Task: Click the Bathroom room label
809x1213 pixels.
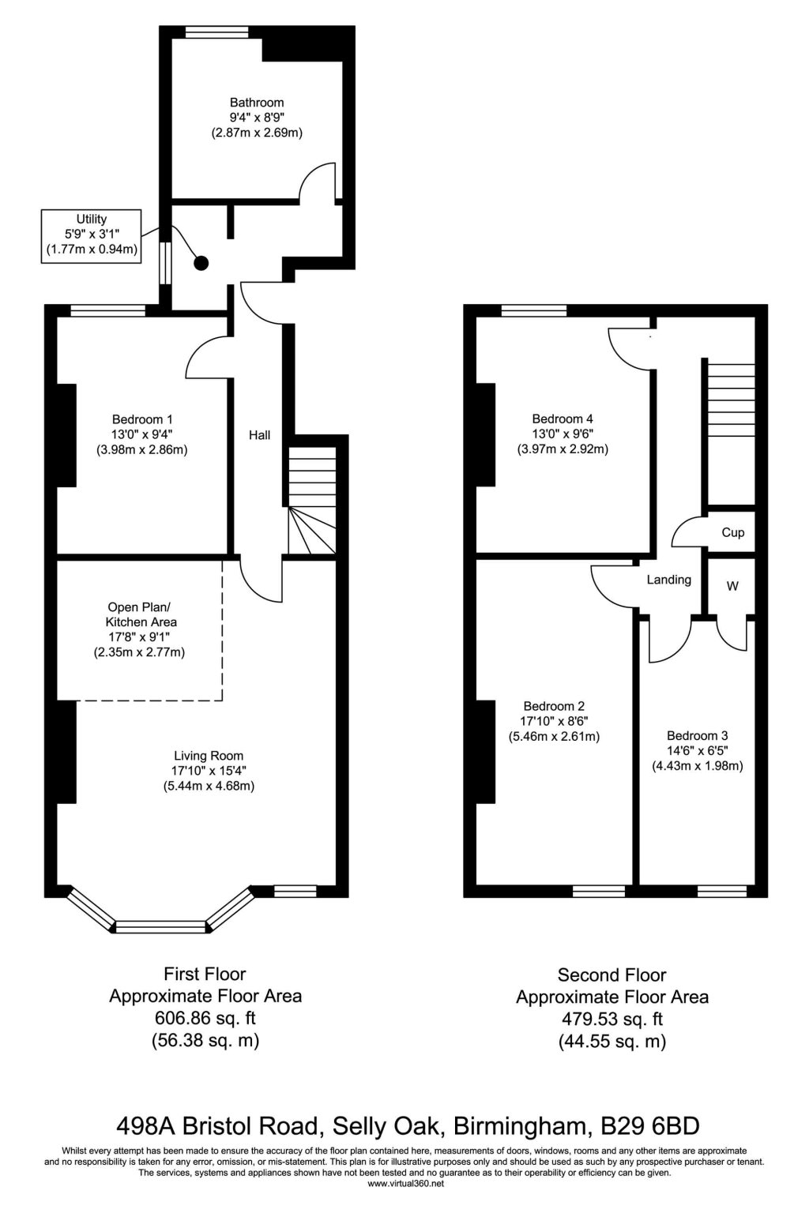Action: pos(257,103)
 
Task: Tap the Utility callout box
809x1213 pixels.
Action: pos(92,235)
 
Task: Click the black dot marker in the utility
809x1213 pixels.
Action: pos(201,263)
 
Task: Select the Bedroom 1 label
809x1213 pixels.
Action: pos(142,419)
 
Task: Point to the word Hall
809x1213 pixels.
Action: pos(260,435)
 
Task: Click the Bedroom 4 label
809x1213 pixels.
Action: pos(563,419)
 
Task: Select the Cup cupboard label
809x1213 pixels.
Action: pos(732,532)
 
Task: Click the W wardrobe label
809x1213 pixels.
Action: pos(732,587)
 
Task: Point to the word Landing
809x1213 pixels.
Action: pos(668,580)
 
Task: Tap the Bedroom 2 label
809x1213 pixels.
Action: pos(554,706)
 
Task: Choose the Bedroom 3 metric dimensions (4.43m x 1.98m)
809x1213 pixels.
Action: pos(697,765)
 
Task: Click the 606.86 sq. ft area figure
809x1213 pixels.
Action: pos(205,1019)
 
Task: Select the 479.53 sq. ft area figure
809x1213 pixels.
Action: pos(611,1020)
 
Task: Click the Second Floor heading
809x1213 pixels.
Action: pos(611,975)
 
